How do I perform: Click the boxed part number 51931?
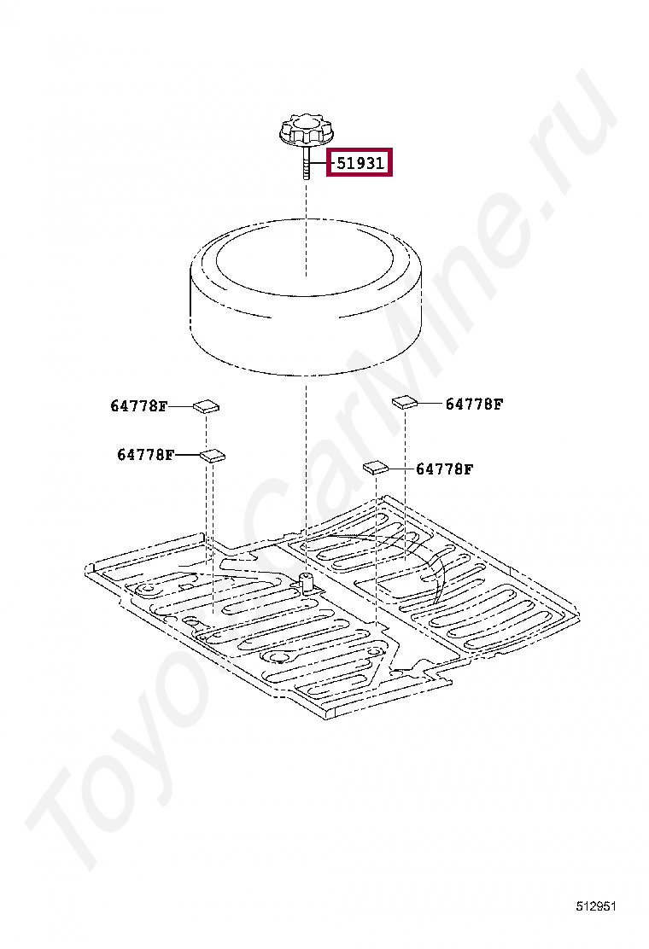pos(360,163)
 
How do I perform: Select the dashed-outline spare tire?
pos(306,297)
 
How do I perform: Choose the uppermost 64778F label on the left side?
pos(138,405)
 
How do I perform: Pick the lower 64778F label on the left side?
pos(145,454)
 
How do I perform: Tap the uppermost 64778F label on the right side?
pos(474,404)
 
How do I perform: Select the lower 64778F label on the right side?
pos(444,469)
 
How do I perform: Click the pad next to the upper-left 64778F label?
pos(207,405)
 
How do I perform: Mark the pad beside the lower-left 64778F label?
pos(213,455)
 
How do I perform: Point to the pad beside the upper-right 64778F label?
pos(405,402)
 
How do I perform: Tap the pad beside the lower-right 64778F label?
pos(376,467)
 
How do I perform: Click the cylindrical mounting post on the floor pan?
pos(307,582)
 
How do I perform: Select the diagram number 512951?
pos(596,906)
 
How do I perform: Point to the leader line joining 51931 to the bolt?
pos(319,163)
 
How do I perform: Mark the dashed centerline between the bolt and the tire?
pos(306,229)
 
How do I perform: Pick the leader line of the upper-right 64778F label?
pos(430,403)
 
